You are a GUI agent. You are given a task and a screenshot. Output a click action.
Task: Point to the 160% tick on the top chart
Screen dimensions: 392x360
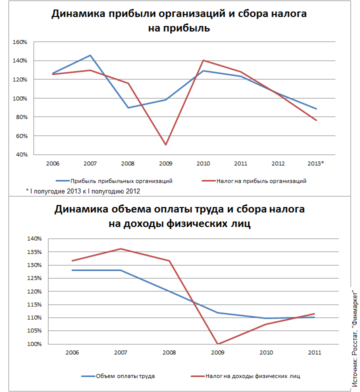click(x=20, y=42)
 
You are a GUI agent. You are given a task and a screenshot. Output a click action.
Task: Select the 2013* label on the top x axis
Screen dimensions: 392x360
click(x=316, y=163)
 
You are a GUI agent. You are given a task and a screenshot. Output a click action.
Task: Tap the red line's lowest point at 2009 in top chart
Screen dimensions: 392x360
click(x=165, y=145)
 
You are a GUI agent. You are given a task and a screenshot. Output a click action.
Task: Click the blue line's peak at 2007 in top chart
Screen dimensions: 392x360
click(x=90, y=55)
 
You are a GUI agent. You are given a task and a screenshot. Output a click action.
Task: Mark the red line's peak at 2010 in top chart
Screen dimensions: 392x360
click(x=203, y=60)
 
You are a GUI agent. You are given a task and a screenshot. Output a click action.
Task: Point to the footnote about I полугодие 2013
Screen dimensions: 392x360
click(x=82, y=191)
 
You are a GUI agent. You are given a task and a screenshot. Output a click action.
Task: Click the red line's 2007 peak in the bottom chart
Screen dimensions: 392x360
click(x=120, y=248)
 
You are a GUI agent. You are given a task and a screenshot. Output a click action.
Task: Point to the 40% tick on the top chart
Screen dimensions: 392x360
click(x=21, y=154)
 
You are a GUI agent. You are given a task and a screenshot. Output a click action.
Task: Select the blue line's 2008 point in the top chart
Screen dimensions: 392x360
click(x=128, y=107)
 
